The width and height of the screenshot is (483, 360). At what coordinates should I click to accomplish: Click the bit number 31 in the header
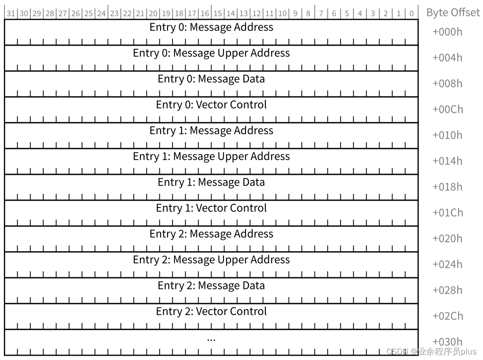11,13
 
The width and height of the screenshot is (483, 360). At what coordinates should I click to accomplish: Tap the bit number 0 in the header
412,13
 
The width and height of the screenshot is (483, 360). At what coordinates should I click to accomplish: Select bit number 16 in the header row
205,13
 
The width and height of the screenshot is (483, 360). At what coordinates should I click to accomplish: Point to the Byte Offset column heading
453,12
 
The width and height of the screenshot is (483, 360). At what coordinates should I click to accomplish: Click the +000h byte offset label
447,32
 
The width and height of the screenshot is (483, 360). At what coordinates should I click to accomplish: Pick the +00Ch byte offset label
447,109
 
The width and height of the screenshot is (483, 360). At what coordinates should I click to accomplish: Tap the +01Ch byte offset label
447,213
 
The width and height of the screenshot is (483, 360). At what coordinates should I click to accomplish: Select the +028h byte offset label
447,290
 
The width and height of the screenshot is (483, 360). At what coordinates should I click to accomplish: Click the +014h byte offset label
447,161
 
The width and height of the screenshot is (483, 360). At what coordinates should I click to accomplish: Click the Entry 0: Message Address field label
211,27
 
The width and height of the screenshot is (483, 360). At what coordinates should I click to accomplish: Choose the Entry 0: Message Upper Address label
211,53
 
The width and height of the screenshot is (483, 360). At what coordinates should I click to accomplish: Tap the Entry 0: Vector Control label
211,105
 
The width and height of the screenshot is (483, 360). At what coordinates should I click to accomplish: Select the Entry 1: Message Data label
211,182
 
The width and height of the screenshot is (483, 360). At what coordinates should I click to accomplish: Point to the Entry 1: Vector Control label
211,208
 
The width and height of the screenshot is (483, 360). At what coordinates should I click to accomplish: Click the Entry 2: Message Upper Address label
211,260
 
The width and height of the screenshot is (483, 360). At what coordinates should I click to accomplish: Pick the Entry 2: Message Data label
211,286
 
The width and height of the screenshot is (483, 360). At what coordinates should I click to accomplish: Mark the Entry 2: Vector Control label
211,311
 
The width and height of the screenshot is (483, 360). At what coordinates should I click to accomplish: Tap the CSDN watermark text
431,351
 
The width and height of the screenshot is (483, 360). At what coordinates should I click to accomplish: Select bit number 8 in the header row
308,13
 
